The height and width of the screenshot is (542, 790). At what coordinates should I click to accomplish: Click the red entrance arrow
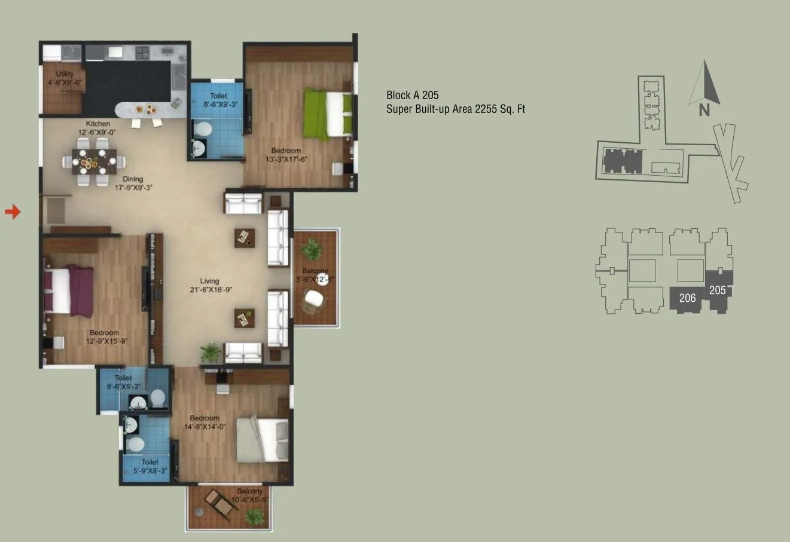[13, 211]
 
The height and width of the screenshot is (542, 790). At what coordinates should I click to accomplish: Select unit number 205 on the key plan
[717, 290]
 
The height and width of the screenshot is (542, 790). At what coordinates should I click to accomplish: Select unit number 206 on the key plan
[688, 297]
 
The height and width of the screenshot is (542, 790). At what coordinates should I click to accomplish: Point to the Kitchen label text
[97, 124]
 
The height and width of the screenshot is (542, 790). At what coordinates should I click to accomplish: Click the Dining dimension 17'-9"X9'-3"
[133, 186]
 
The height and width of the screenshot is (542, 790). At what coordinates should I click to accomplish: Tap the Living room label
[209, 281]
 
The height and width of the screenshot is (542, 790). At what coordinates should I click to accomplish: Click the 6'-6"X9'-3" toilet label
[218, 104]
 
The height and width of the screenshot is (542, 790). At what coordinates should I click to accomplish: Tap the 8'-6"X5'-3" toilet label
[124, 386]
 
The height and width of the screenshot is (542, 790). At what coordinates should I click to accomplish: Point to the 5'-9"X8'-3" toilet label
[150, 470]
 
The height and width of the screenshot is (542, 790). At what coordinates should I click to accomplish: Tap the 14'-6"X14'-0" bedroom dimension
[205, 427]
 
